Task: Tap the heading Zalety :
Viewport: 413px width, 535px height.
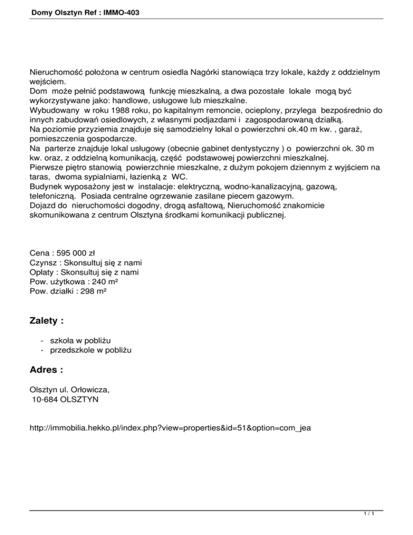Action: [47, 321]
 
